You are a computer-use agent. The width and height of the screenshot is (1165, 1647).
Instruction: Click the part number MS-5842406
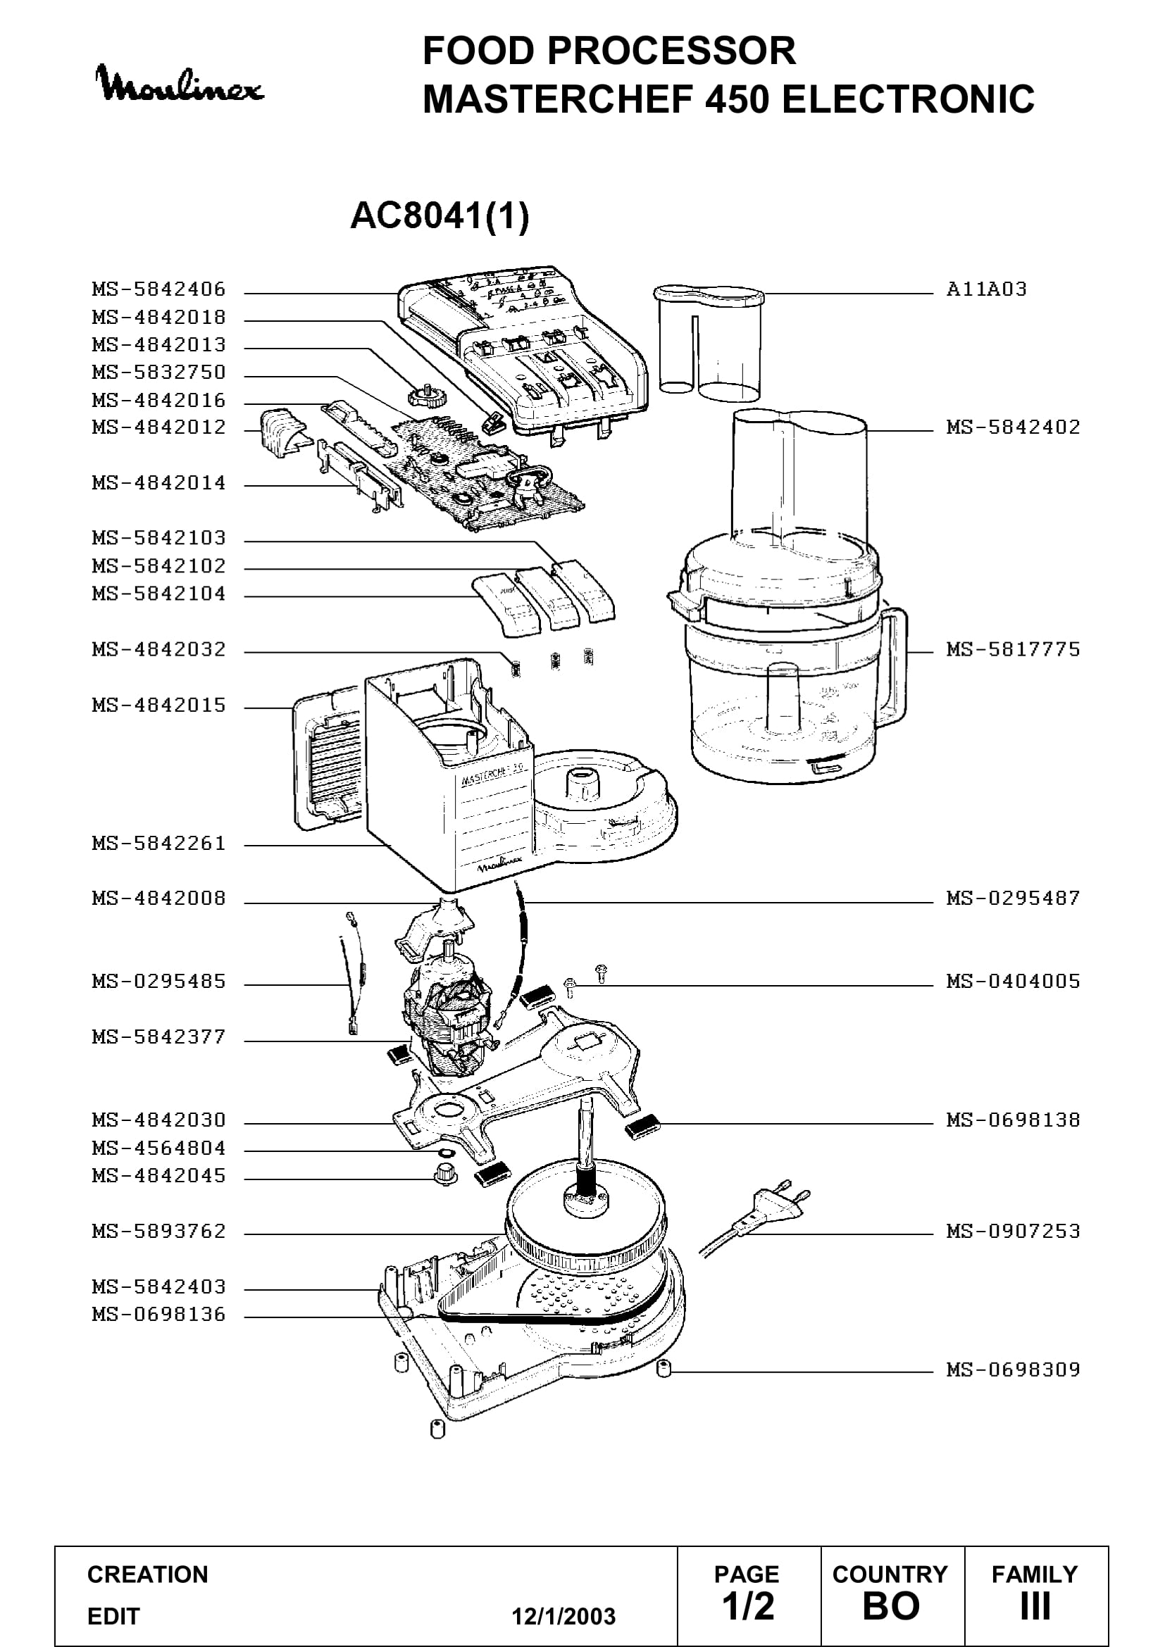point(158,290)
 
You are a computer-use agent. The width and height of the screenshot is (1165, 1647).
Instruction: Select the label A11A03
point(986,290)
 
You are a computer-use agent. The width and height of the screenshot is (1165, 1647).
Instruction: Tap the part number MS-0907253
point(1013,1232)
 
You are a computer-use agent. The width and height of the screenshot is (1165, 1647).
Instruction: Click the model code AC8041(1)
point(440,215)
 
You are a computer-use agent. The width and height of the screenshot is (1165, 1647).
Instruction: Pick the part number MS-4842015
point(158,706)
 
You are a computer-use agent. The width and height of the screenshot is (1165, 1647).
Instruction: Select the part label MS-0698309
point(1013,1370)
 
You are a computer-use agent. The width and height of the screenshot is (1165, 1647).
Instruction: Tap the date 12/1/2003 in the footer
point(563,1617)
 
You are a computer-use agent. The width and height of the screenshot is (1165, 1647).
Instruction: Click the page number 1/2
point(748,1606)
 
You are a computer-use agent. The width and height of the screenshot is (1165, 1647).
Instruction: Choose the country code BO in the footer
point(891,1606)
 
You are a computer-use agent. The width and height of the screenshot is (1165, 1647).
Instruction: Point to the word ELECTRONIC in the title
point(908,99)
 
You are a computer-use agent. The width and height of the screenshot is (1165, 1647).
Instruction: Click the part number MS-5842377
point(158,1037)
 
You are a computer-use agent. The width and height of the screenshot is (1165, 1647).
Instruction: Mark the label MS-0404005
point(1013,982)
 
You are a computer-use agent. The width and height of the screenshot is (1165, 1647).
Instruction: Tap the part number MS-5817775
point(1013,650)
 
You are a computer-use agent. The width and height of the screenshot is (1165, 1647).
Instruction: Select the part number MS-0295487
point(1013,898)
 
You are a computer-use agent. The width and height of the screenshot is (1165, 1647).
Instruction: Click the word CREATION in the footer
point(148,1574)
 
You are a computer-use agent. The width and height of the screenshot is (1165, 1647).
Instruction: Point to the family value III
point(1035,1606)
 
